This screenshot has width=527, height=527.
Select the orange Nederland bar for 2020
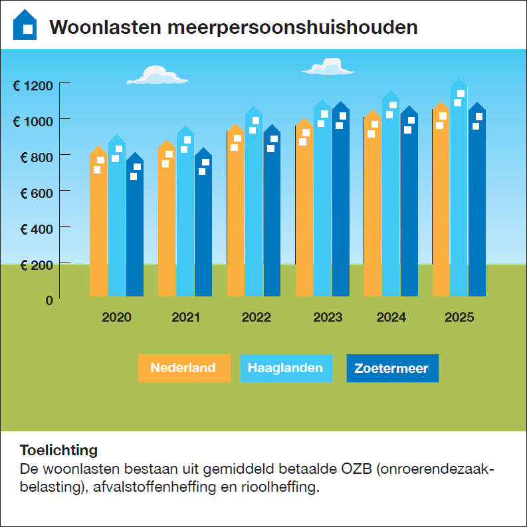pos(98,226)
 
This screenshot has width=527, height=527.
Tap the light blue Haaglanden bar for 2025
pos(459,199)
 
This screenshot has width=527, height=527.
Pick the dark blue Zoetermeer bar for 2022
pos(272,219)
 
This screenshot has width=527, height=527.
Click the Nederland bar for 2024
pos(373,213)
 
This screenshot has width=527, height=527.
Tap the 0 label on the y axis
pos(49,300)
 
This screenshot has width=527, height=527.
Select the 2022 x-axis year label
pos(256,317)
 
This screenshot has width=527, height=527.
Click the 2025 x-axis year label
pos(459,317)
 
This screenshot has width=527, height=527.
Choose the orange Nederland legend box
pos(183,368)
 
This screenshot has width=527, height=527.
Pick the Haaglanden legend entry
pos(286,368)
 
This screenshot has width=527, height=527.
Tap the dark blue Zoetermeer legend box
pos(392,368)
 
